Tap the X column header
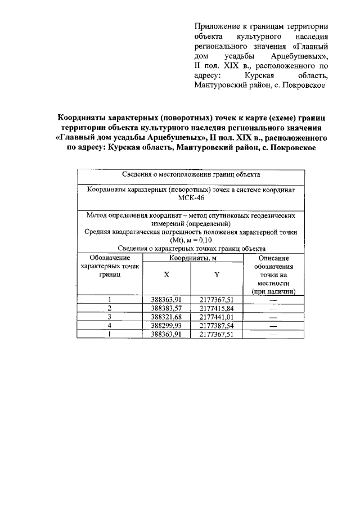pos(166,276)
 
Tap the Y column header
pos(217,276)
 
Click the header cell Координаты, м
pos(192,258)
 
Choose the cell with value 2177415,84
pos(217,308)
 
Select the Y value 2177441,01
pos(217,317)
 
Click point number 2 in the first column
pos(110,308)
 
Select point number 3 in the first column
pos(110,317)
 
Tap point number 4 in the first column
pos(110,325)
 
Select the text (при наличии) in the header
pos(274,292)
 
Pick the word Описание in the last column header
pos(274,258)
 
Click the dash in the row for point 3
pos(274,317)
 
